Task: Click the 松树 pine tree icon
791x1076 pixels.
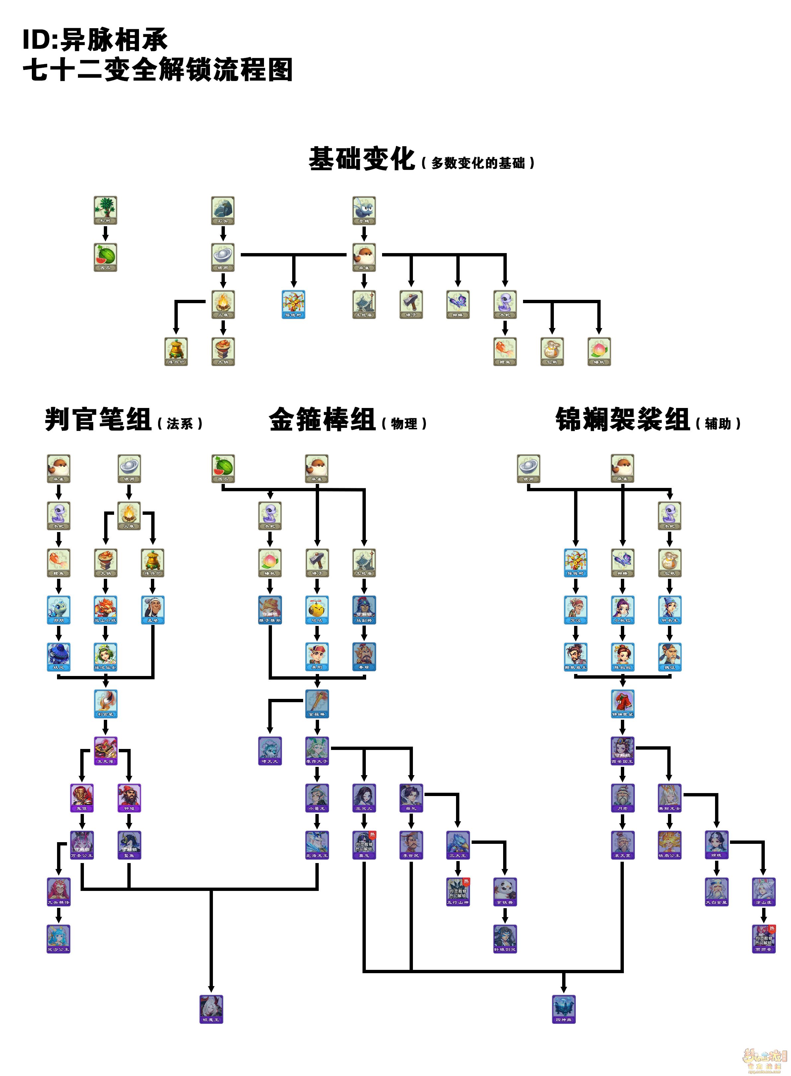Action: click(x=105, y=210)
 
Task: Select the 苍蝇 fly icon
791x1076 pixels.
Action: click(x=364, y=210)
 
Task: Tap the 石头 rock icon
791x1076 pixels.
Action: click(x=223, y=210)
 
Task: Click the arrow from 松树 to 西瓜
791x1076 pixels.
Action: click(x=105, y=234)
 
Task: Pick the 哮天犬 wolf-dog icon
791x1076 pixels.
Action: click(x=270, y=750)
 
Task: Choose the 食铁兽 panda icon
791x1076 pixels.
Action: click(x=505, y=891)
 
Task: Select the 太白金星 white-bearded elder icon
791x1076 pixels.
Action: click(x=716, y=891)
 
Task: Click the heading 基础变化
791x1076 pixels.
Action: click(x=362, y=159)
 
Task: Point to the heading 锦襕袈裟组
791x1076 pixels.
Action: click(x=623, y=420)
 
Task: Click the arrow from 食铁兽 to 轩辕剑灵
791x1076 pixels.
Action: click(x=505, y=915)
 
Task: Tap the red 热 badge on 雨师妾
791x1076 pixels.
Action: click(x=772, y=928)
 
